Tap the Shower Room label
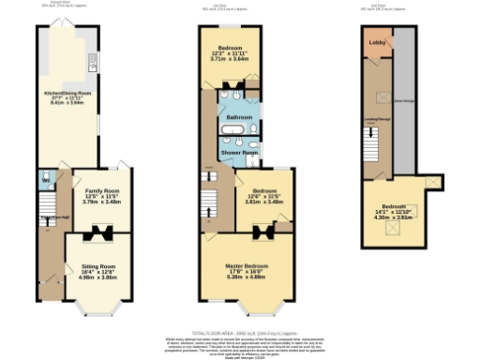tap(239, 152)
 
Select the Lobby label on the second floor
tap(376, 43)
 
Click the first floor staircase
tap(208, 198)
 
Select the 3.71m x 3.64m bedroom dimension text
tap(229, 58)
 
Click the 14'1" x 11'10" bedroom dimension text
tap(392, 215)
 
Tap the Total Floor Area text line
tap(239, 333)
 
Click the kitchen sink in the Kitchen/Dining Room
tap(93, 64)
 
